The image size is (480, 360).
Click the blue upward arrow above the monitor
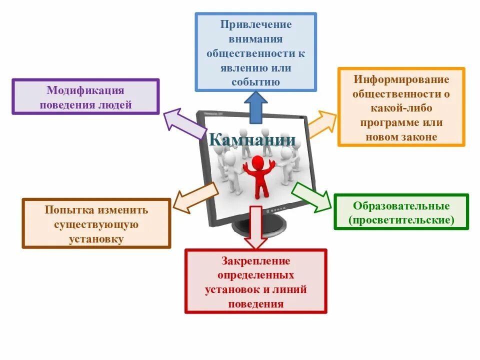click(x=255, y=107)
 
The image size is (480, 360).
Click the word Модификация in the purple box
click(x=85, y=90)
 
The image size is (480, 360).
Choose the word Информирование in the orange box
click(x=401, y=79)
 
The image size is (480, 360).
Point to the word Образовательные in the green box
click(x=401, y=206)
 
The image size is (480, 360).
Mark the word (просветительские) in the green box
click(x=401, y=220)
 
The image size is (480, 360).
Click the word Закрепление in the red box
click(x=255, y=261)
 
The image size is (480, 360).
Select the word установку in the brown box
click(x=96, y=239)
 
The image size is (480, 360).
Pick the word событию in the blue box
click(x=255, y=82)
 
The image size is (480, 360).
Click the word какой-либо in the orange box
click(x=401, y=108)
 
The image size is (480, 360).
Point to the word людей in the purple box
click(x=115, y=105)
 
